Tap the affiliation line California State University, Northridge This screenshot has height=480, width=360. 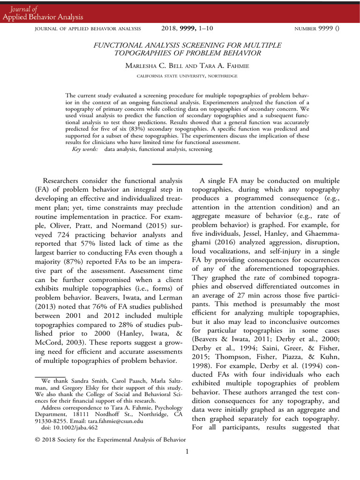pos(180,75)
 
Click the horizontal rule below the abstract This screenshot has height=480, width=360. pos(187,164)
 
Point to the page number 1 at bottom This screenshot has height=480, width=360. pos(187,451)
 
